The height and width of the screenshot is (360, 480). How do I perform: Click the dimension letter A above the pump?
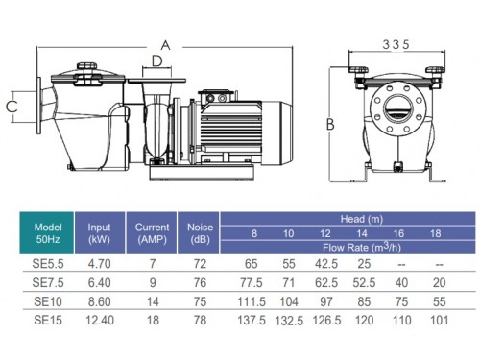point(165,45)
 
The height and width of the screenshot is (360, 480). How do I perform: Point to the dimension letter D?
point(156,60)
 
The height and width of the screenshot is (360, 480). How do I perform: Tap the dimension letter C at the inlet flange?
point(12,107)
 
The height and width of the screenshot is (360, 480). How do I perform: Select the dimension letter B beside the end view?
point(330,124)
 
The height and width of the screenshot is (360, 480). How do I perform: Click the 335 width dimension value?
point(396,44)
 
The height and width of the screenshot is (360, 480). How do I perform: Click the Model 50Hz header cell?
point(48,233)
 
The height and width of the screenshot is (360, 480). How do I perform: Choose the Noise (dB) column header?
point(200,233)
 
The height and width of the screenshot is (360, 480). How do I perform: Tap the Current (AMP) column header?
point(152,233)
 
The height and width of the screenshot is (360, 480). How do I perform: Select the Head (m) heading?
point(362,219)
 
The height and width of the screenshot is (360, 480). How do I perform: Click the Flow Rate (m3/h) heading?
point(362,247)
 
